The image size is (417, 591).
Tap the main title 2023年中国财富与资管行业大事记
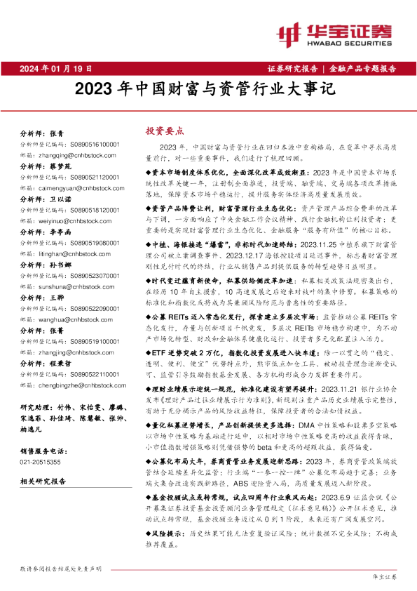(207, 90)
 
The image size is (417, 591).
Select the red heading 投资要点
(164, 130)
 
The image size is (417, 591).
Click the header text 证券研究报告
(292, 68)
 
